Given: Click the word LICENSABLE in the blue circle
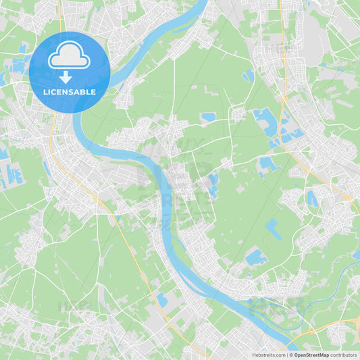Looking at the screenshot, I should tap(70, 92).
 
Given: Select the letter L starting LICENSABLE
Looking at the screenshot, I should tap(45, 92).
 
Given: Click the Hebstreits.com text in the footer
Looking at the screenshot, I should tap(269, 355).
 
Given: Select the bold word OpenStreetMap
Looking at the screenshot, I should tap(311, 355).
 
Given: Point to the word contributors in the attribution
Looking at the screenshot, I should tap(344, 355).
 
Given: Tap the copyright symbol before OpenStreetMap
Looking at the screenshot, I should tap(291, 355).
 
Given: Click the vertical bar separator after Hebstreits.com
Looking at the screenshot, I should tap(287, 355).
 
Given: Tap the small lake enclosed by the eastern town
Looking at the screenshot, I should tap(311, 198).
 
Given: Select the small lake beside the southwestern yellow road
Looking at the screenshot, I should tap(161, 299).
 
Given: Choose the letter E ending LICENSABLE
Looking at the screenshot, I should tap(94, 92).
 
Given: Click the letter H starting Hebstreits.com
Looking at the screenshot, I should tap(254, 355).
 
